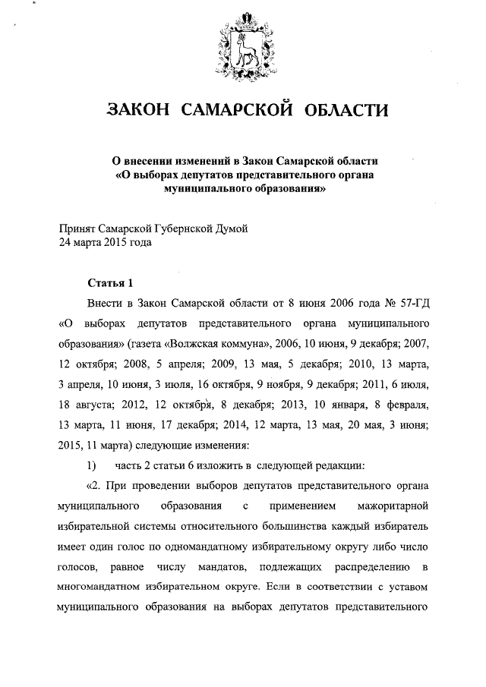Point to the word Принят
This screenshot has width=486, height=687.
tap(78, 228)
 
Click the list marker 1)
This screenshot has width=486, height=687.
tap(92, 463)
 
